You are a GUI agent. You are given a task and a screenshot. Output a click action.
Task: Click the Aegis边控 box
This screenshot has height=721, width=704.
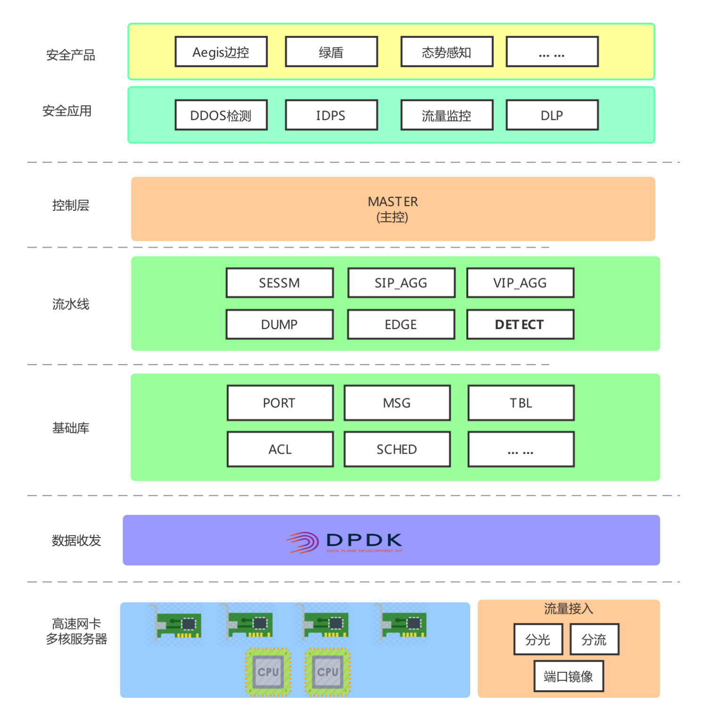[x=221, y=52]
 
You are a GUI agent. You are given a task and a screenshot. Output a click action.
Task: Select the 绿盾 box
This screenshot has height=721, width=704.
[x=331, y=52]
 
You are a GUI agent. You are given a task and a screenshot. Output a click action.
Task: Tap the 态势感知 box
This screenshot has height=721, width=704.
[x=447, y=52]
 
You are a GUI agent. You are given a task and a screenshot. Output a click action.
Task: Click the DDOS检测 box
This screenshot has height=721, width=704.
[x=221, y=115]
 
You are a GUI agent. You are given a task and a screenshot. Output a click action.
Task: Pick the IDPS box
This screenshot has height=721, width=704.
[x=331, y=115]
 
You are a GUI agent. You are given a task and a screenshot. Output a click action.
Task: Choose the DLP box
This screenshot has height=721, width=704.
[x=552, y=115]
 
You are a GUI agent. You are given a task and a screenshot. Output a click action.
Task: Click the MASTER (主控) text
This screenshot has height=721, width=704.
[x=393, y=209]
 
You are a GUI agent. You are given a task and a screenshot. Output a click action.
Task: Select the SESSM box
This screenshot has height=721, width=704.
[x=280, y=283]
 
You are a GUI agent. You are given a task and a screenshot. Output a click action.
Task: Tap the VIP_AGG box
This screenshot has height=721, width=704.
[x=520, y=283]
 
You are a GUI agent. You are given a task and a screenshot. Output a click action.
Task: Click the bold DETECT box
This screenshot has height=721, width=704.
[x=520, y=324]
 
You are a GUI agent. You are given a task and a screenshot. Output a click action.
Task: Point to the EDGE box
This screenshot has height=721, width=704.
[x=401, y=324]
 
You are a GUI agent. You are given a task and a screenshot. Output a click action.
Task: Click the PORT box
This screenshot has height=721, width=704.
[x=280, y=403]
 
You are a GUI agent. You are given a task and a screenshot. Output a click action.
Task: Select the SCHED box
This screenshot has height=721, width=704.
[x=397, y=449]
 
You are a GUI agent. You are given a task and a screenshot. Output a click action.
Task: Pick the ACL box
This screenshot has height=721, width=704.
[x=280, y=449]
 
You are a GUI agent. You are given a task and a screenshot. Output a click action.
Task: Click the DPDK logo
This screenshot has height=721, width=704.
[x=345, y=542]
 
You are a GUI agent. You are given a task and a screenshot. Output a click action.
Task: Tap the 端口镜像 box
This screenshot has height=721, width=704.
[x=568, y=677]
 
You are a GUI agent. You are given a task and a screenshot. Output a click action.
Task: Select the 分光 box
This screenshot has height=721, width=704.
[x=538, y=639]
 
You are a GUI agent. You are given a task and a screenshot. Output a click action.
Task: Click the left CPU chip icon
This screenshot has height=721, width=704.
[x=268, y=672]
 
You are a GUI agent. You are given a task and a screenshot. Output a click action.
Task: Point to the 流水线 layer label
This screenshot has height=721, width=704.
[x=71, y=304]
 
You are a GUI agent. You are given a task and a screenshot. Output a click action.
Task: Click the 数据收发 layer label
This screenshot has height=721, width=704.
[x=76, y=540]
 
